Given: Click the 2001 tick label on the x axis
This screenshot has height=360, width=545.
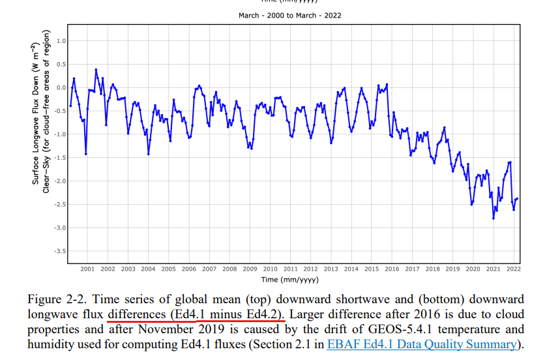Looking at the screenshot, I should [x=87, y=269].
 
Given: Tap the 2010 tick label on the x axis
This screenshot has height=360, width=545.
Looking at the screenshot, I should [x=270, y=269].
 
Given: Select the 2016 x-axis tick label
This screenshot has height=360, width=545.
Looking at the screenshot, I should [x=392, y=269].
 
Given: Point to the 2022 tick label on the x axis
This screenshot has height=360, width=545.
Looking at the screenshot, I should [x=513, y=269].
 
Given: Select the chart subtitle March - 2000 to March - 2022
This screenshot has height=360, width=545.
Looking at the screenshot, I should [x=289, y=16].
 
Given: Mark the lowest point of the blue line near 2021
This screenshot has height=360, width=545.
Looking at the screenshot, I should [x=493, y=218].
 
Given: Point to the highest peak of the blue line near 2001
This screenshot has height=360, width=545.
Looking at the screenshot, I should [x=96, y=69].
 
